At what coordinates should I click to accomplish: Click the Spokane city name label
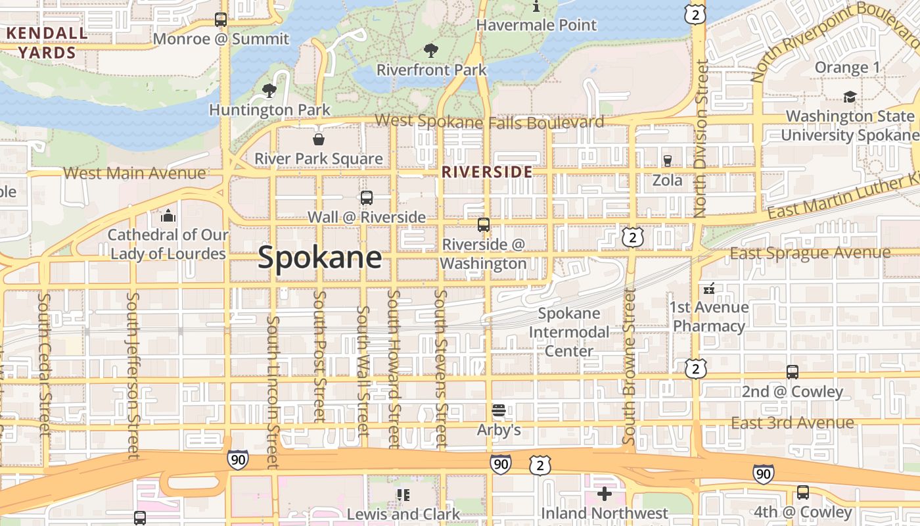click(x=319, y=257)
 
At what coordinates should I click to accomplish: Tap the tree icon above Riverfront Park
click(x=431, y=50)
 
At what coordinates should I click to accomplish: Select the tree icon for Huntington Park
click(x=269, y=91)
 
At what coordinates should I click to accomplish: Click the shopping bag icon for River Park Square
click(x=319, y=139)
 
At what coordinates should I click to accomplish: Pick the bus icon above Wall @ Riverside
click(x=367, y=197)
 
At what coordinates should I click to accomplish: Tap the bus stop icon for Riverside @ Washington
click(x=484, y=225)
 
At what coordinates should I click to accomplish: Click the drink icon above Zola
click(x=668, y=161)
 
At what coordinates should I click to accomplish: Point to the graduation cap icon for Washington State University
click(x=850, y=97)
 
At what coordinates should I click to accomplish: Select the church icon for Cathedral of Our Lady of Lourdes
click(x=168, y=216)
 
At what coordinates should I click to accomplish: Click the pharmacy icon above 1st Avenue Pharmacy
click(x=709, y=288)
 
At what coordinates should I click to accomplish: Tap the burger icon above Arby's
click(x=499, y=411)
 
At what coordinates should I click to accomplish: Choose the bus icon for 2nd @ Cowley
click(x=793, y=372)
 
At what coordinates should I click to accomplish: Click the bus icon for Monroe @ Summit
click(x=221, y=20)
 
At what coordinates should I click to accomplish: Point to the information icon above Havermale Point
click(x=536, y=7)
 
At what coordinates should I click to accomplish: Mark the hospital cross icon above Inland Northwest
click(x=605, y=493)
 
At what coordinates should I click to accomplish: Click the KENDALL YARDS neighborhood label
click(x=46, y=43)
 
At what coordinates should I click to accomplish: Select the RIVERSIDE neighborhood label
click(x=487, y=172)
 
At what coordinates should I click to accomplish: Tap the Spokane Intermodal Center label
click(x=569, y=332)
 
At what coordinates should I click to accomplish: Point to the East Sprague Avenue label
click(x=810, y=253)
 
